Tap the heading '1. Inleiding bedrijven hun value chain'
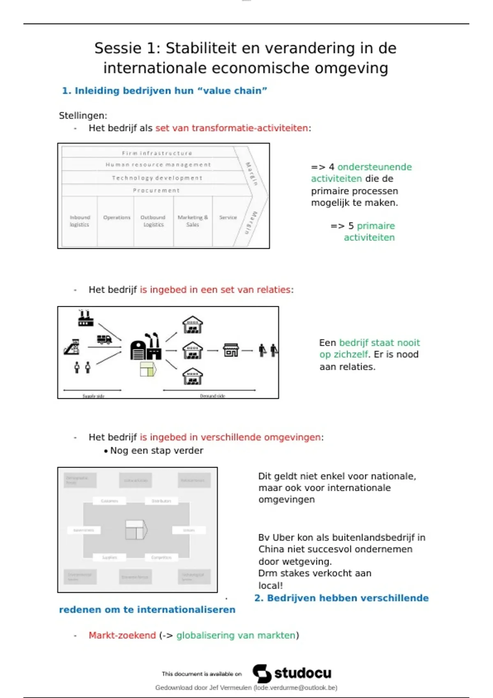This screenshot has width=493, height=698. pyautogui.click(x=164, y=91)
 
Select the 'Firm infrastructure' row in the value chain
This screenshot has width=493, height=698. pyautogui.click(x=157, y=153)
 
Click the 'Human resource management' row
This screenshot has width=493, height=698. pyautogui.click(x=158, y=165)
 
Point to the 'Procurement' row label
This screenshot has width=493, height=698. pyautogui.click(x=156, y=191)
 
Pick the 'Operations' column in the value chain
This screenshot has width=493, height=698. pyautogui.click(x=117, y=218)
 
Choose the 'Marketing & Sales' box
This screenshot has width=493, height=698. pyautogui.click(x=193, y=221)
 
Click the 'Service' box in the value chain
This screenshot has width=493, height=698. pyautogui.click(x=228, y=218)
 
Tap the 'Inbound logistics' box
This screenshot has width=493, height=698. pyautogui.click(x=80, y=221)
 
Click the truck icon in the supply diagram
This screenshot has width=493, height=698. pyautogui.click(x=104, y=339)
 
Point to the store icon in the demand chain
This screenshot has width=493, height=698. pyautogui.click(x=231, y=350)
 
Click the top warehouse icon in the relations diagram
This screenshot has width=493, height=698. pyautogui.click(x=193, y=324)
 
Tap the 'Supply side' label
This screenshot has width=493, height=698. pyautogui.click(x=93, y=396)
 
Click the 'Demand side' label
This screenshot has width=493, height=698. pyautogui.click(x=212, y=396)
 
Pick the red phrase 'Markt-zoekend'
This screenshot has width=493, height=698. pyautogui.click(x=122, y=635)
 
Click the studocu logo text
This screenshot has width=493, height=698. pyautogui.click(x=303, y=673)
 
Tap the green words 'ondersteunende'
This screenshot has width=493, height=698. pyautogui.click(x=374, y=167)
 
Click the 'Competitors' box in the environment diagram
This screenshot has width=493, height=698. pyautogui.click(x=161, y=558)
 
